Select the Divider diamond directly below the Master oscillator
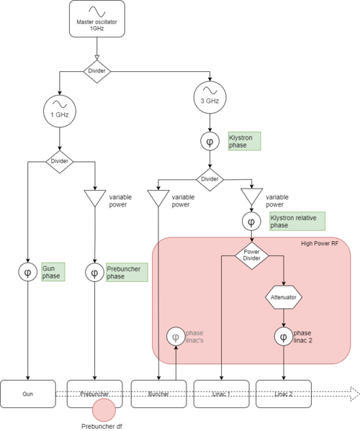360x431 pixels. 96,72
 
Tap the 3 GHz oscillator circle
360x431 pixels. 210,96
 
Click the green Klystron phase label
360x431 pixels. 243,140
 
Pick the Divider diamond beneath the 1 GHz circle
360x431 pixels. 59,162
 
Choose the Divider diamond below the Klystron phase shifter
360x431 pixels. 210,178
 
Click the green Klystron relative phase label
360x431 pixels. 297,221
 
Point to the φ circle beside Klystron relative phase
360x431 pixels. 251,222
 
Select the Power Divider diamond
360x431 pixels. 251,256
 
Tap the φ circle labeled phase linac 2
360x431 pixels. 283,336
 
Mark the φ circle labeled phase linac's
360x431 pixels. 176,337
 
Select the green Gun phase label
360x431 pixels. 52,272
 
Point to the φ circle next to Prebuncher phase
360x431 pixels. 95,273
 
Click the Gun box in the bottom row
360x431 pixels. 28,394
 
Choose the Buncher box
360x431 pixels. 158,394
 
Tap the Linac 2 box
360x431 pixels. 284,394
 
